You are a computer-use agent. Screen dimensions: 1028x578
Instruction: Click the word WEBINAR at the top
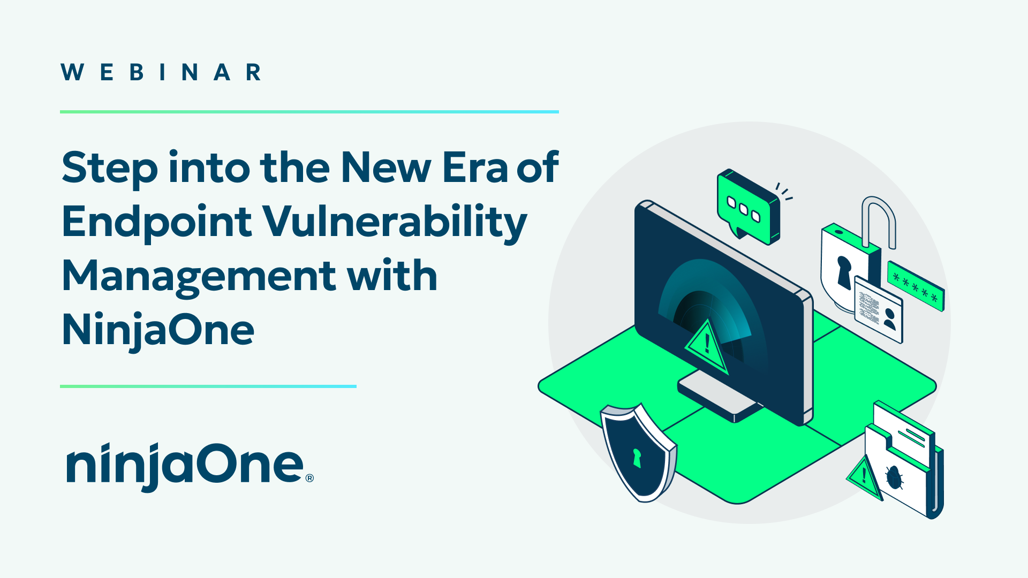(161, 72)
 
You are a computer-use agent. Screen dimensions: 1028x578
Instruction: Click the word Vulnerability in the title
(395, 223)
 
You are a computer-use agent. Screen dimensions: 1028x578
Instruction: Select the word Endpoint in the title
(157, 223)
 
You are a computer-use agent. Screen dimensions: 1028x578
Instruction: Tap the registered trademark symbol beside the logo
(309, 478)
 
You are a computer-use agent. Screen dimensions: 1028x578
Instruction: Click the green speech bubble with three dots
(749, 207)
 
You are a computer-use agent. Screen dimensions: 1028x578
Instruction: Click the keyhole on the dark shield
(637, 458)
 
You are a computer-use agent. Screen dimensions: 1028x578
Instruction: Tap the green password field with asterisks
(916, 286)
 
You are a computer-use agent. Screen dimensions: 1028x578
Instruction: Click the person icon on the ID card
(889, 319)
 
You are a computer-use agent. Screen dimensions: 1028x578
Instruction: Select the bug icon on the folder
(894, 477)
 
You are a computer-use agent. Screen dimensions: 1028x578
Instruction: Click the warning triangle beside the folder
(864, 477)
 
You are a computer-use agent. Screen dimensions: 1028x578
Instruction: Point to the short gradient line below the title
(208, 386)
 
